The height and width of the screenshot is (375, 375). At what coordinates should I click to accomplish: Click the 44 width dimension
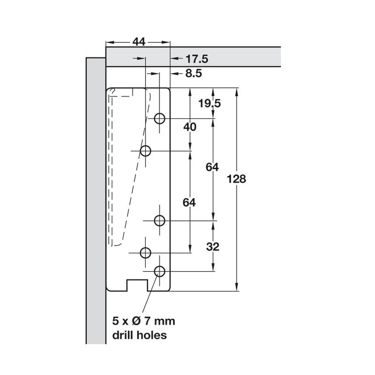click(138, 42)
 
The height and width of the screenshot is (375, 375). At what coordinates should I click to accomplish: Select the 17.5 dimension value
click(196, 59)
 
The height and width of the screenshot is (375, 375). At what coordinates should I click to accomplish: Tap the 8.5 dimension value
click(194, 73)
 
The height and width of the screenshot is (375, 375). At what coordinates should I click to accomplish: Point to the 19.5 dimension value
click(209, 103)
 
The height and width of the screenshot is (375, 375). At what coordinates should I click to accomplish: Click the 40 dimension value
click(190, 127)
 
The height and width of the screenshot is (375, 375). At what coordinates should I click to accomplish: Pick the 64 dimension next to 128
click(213, 166)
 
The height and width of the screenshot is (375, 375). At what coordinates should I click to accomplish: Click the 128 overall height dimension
click(236, 179)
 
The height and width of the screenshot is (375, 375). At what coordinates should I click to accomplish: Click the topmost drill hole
click(159, 118)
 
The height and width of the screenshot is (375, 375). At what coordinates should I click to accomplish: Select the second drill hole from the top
click(145, 151)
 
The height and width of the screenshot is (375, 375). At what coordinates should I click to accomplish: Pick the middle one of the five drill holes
click(159, 220)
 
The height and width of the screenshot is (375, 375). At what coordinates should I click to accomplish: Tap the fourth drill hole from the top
click(145, 253)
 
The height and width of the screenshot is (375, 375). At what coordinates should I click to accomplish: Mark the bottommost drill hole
click(159, 270)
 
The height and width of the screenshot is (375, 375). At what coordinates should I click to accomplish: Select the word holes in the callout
click(152, 335)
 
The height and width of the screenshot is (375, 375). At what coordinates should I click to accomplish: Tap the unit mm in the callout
click(165, 322)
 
